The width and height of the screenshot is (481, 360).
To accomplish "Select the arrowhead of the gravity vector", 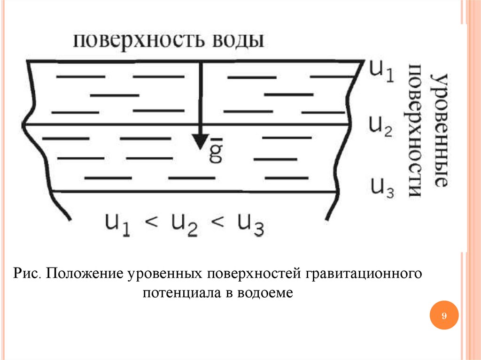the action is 201,141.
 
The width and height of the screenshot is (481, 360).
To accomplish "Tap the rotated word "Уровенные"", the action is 440,129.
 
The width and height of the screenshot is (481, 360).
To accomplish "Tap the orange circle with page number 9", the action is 443,316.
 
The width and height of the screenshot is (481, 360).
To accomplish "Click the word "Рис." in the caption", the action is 29,273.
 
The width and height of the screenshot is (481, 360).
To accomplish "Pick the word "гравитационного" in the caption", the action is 364,273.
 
